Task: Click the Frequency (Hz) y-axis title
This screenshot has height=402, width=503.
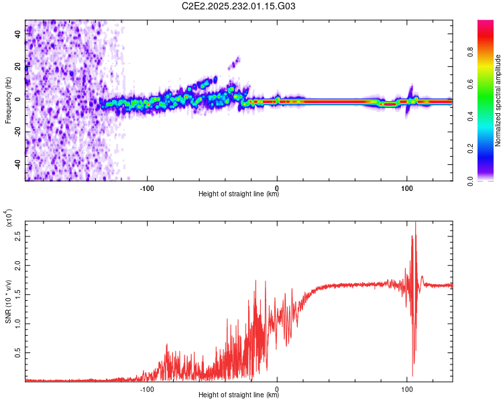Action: coord(8,100)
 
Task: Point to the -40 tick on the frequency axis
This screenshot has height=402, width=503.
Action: coord(16,164)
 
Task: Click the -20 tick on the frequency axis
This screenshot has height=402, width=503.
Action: coord(16,131)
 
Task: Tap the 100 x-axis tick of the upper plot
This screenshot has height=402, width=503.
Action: coord(406,187)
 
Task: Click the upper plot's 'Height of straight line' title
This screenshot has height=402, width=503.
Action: coord(239,194)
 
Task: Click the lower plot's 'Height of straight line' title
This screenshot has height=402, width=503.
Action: coord(239,395)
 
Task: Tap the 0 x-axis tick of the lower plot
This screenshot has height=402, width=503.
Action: coord(277,388)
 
